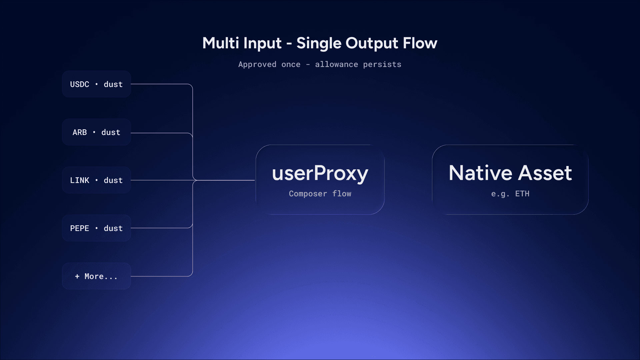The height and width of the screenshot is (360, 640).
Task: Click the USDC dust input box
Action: click(x=96, y=84)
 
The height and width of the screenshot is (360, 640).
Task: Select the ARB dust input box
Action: click(x=96, y=132)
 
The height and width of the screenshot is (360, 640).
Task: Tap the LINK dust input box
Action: click(x=96, y=180)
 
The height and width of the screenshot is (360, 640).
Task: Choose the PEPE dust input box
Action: click(x=96, y=228)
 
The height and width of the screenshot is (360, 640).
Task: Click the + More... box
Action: click(x=96, y=276)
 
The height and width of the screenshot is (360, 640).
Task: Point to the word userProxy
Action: click(x=320, y=173)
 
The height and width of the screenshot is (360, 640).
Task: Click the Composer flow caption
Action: click(x=320, y=194)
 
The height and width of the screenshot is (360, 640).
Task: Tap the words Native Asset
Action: click(x=510, y=173)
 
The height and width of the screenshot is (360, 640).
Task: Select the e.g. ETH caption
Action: click(x=510, y=194)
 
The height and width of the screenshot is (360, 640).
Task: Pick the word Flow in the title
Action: click(x=420, y=43)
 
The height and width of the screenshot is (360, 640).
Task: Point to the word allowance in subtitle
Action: click(x=337, y=64)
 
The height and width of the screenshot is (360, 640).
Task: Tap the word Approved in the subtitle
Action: click(x=257, y=65)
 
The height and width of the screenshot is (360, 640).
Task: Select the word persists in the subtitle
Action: click(x=382, y=65)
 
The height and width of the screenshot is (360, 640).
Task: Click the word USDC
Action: click(x=80, y=84)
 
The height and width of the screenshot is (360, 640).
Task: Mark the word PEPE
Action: click(x=80, y=228)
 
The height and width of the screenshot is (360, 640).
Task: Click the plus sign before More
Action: click(x=77, y=276)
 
